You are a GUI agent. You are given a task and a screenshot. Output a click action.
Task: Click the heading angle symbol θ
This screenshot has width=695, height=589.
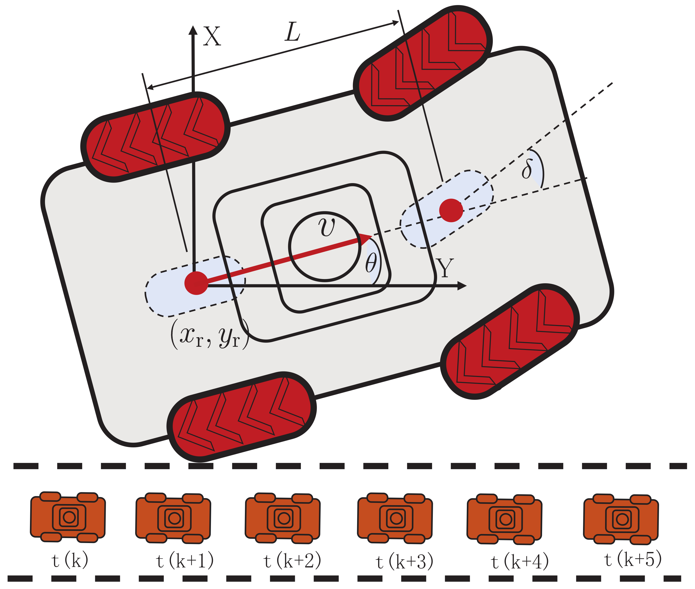pos(371,263)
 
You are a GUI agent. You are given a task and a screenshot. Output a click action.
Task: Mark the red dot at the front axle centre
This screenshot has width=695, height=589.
pos(451,210)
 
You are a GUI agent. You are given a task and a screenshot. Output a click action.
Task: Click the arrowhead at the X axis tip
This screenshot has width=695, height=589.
pos(193,30)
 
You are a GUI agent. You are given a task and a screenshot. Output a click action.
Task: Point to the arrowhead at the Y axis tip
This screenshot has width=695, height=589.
pos(462,286)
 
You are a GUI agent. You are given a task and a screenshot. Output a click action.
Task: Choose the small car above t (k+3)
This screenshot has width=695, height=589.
pos(395,518)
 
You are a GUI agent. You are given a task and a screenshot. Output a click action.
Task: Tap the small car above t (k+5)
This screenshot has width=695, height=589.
pos(621,519)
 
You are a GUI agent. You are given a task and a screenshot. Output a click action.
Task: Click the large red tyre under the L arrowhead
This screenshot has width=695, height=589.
pos(423,63)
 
